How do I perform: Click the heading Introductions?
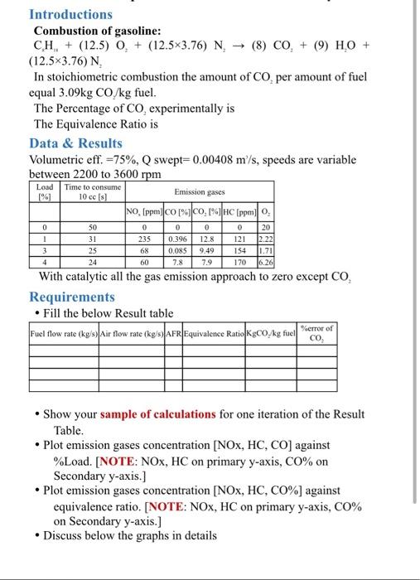click(70, 14)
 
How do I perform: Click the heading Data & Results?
click(77, 142)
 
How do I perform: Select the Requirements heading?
click(72, 297)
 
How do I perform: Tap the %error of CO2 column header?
click(318, 331)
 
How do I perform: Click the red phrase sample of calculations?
click(148, 414)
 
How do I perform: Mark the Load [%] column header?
click(44, 191)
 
